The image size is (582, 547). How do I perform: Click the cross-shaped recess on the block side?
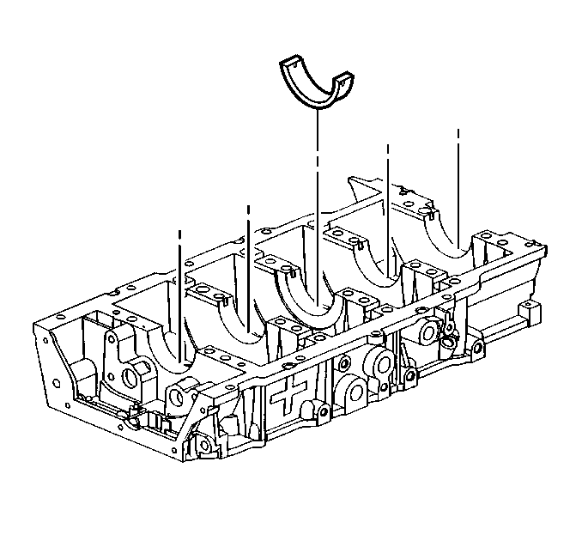point(287,396)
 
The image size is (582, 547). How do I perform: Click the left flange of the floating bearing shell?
point(288,64)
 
